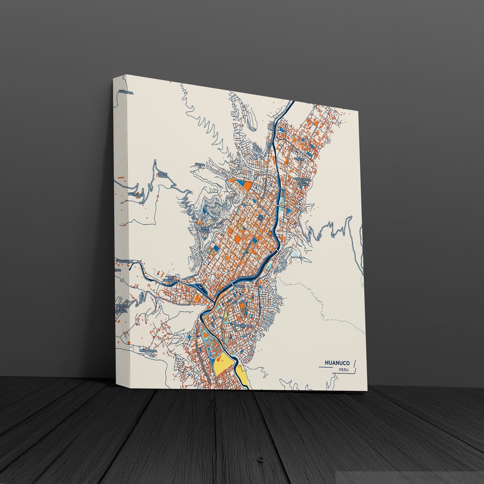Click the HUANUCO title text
tap(337, 363)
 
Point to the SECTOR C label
tap(200, 165)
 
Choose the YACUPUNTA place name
tap(136, 194)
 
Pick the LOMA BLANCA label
tap(204, 230)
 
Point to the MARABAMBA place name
tap(148, 351)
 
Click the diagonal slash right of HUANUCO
tap(354, 364)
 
